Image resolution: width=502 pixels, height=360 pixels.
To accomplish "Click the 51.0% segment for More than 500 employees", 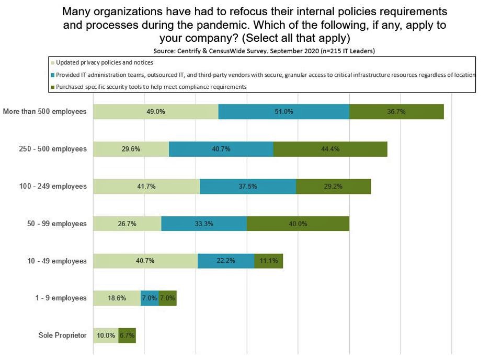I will [283, 112].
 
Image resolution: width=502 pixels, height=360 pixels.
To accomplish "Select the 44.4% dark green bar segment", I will [330, 149].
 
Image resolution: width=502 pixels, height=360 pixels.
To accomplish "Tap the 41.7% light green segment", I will [146, 186].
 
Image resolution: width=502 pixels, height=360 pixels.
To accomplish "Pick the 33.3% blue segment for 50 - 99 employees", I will [204, 224].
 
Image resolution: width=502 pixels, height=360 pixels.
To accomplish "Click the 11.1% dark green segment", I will [269, 261].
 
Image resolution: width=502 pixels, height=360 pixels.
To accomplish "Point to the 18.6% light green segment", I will [117, 298].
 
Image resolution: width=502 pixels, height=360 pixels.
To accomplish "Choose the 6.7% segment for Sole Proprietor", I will [127, 335].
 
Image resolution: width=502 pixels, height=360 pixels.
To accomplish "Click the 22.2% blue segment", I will [226, 261].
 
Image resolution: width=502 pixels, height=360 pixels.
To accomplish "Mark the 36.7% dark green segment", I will [396, 112].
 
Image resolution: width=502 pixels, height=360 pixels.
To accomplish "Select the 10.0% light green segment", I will [106, 335].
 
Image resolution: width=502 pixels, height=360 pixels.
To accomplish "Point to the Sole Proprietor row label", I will [63, 335].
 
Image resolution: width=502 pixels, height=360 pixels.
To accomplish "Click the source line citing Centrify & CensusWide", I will [264, 51].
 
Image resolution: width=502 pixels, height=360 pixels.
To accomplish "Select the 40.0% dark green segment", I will [298, 224].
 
